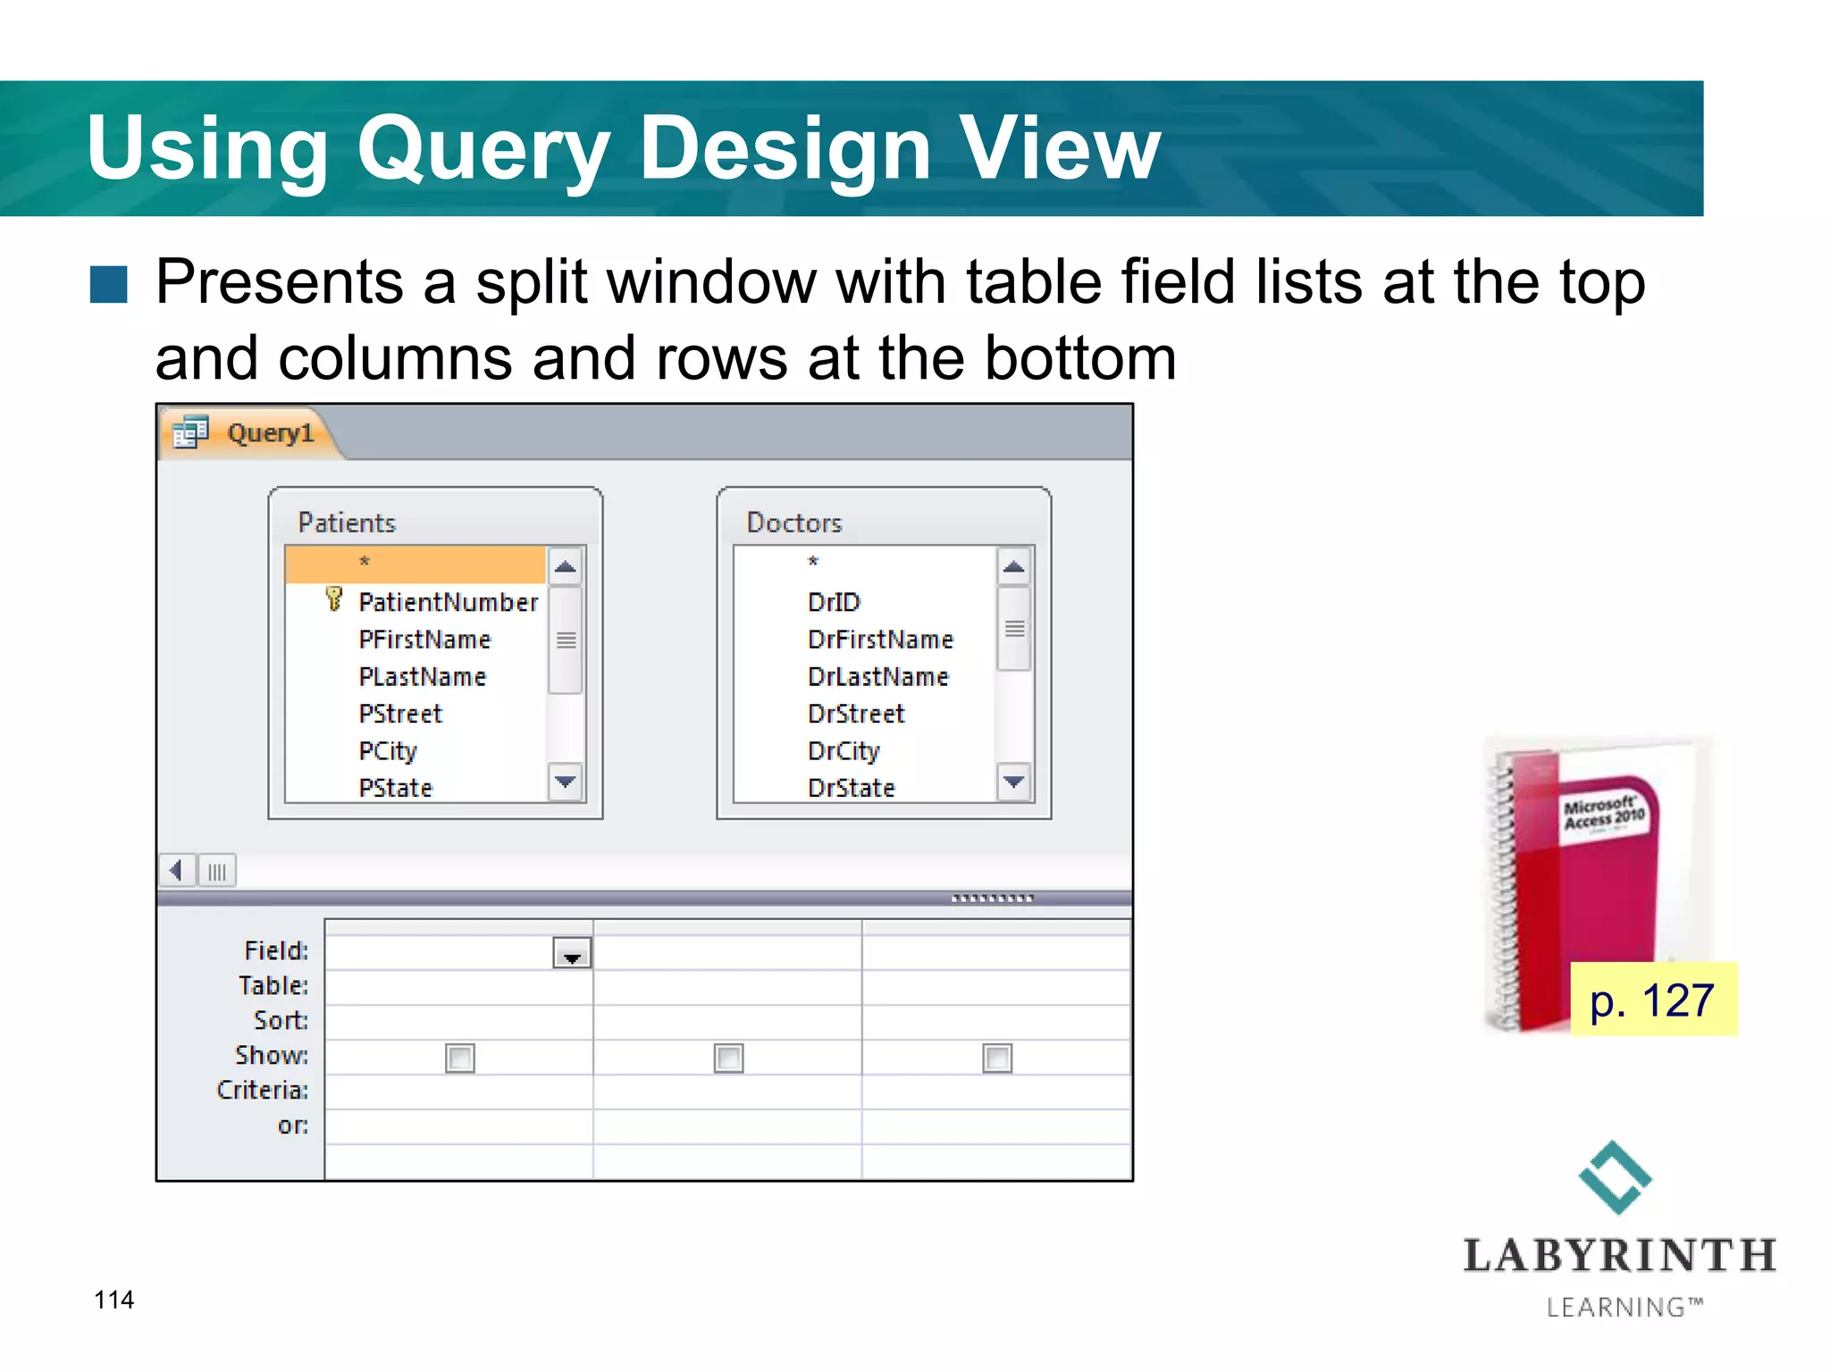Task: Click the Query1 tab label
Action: (269, 434)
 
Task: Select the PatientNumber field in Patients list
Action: (448, 603)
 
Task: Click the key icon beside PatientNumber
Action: (334, 599)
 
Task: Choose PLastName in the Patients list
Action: (422, 677)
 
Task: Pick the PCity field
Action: (388, 751)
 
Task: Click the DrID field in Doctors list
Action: (833, 603)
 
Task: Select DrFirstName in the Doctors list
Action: (879, 640)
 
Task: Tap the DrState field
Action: (851, 789)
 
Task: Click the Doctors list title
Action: (793, 523)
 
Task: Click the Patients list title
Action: (347, 523)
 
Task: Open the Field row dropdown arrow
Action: (572, 955)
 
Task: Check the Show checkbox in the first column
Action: (460, 1058)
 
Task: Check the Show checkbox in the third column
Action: (997, 1058)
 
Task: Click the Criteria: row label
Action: (263, 1091)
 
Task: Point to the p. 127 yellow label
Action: (1653, 1000)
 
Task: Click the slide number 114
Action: (114, 1300)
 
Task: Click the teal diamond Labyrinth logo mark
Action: (1615, 1177)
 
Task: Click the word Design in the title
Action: (785, 149)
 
